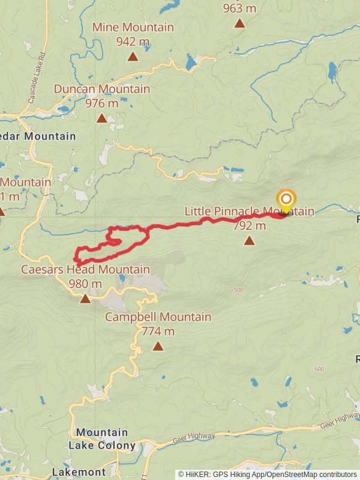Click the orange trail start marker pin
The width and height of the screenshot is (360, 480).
[286, 200]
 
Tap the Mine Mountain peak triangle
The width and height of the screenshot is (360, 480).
[132, 57]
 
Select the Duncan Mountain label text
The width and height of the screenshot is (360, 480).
[102, 89]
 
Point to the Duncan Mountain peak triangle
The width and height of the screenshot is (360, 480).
[102, 118]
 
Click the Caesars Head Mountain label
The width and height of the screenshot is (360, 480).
[85, 269]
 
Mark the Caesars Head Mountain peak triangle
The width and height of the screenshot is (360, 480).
[85, 298]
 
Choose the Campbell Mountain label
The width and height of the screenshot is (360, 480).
[158, 317]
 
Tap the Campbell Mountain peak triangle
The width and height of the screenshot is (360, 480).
[158, 346]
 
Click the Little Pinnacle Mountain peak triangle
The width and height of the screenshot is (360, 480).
[249, 241]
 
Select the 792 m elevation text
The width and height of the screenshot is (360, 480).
[249, 226]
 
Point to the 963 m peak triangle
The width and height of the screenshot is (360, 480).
[239, 23]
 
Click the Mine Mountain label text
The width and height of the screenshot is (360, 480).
[133, 27]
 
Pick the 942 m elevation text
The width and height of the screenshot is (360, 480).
[133, 41]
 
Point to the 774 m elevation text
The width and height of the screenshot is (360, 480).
[158, 331]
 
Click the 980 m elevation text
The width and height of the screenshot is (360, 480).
[85, 284]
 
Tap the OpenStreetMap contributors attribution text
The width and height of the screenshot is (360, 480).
[319, 475]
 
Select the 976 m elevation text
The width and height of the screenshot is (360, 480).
[102, 103]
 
